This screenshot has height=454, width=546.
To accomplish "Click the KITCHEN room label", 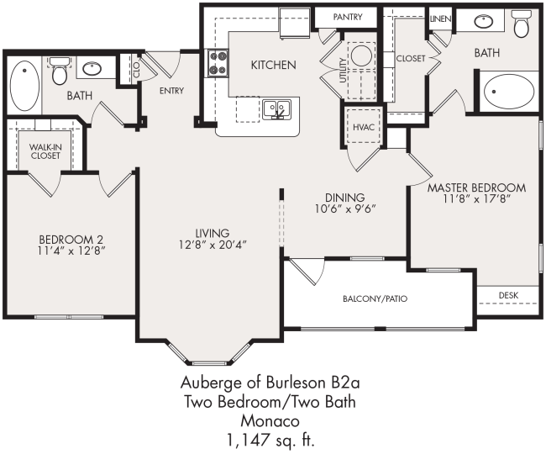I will coord(273,65).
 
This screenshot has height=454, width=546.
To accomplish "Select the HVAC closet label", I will coord(363,126).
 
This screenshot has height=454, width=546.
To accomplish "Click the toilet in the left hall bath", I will coord(59,72).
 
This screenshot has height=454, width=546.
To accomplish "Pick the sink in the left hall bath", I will coord(91,67).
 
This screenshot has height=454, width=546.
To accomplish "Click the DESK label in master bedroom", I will coord(507,295).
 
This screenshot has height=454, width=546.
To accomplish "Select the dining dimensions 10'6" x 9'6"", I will coord(344,209).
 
